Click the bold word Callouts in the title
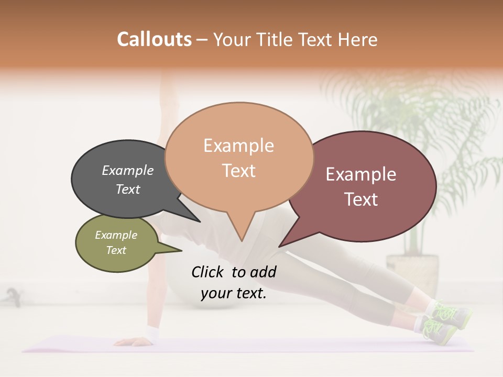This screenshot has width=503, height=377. point(154,39)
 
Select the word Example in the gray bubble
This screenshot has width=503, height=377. point(128,170)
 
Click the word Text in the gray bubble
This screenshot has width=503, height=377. point(128,189)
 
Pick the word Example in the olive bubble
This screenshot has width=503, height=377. point(116,235)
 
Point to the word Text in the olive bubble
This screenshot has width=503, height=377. point(116,250)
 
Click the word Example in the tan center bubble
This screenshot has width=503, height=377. point(238,146)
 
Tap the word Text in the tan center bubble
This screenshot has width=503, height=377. point(238,171)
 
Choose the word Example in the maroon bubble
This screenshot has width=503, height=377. point(361,174)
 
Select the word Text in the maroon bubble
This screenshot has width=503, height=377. point(361,199)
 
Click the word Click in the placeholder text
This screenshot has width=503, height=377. point(209,272)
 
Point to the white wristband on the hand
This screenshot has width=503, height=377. point(153,332)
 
